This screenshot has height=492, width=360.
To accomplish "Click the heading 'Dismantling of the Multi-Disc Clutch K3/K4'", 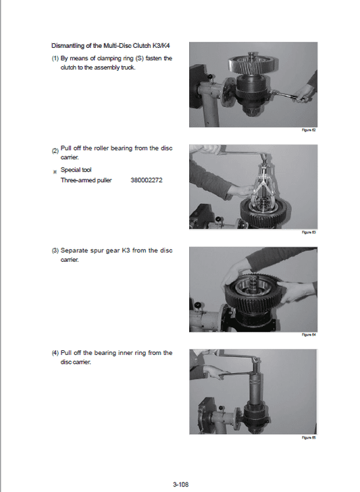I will (x=111, y=46).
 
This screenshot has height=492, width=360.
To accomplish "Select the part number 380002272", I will (x=147, y=180).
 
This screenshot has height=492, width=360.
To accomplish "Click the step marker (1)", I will (x=55, y=59).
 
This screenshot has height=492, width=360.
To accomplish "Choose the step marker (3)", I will (x=55, y=250).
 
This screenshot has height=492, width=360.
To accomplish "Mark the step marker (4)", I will (x=55, y=352).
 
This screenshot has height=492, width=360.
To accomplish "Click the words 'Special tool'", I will (x=76, y=170).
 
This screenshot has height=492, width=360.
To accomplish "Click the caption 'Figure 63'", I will (x=309, y=232).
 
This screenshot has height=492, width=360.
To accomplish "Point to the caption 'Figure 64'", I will (x=309, y=335).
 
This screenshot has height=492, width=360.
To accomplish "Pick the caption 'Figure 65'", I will (x=309, y=437).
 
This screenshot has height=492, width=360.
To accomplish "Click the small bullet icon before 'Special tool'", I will (x=55, y=171).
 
